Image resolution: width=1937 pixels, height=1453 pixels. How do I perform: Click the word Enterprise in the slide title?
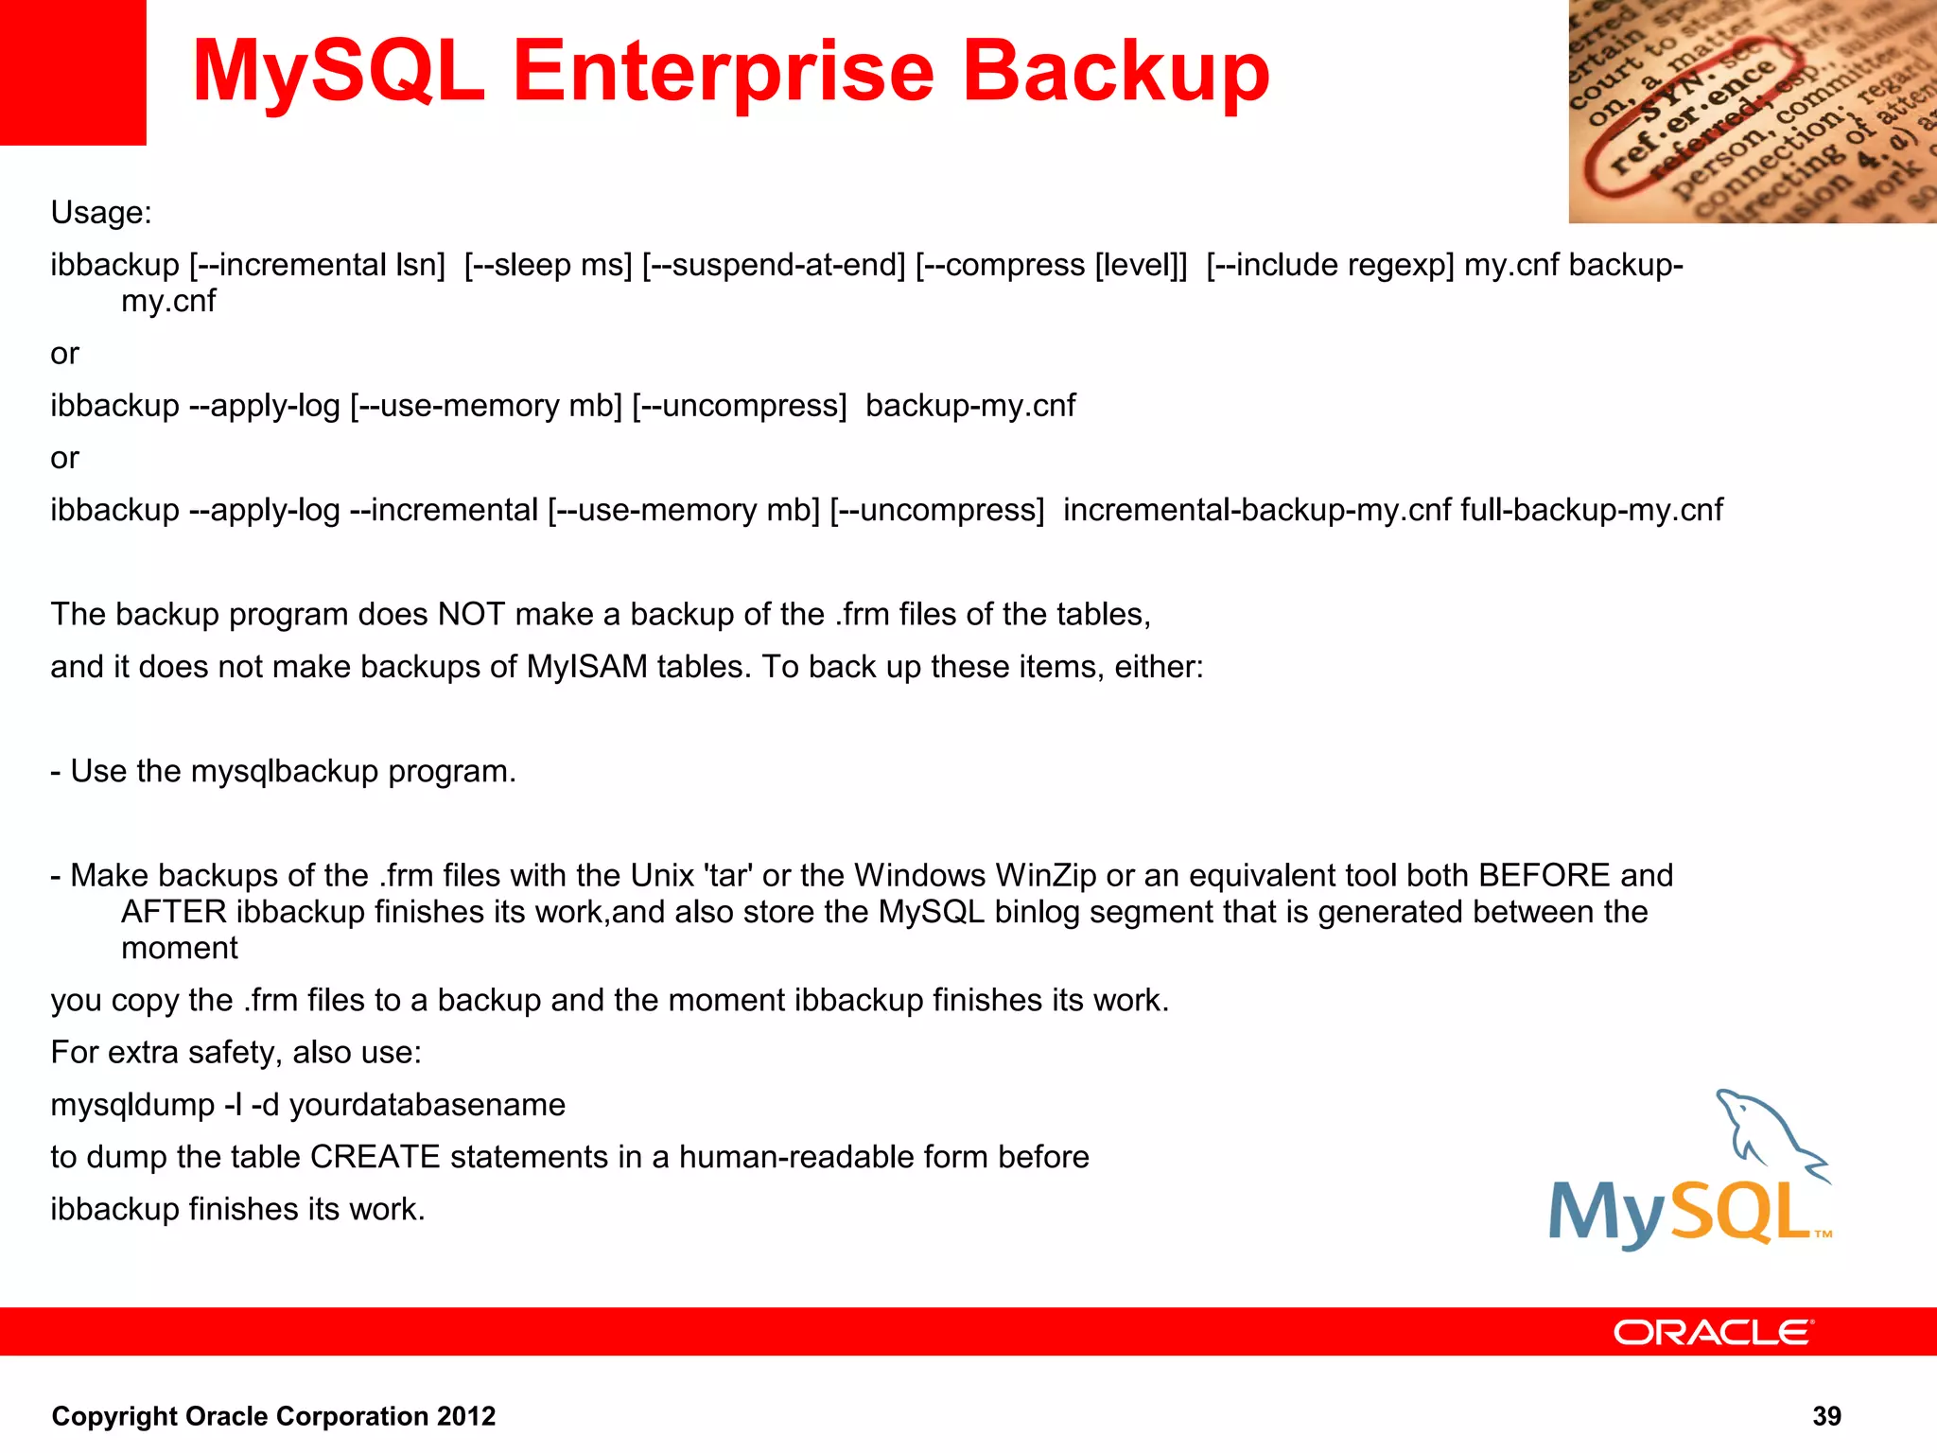(724, 74)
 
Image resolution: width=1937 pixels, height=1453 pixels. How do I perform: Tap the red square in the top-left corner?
(73, 72)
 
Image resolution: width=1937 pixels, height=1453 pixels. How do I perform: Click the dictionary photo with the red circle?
(1752, 112)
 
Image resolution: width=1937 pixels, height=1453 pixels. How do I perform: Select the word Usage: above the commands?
(101, 213)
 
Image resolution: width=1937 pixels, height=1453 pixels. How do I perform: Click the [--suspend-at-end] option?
(774, 265)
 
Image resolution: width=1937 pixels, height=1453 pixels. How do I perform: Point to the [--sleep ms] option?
(548, 265)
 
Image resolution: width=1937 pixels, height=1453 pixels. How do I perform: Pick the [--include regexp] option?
(1330, 265)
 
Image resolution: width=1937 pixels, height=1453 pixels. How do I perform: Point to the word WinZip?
(1046, 875)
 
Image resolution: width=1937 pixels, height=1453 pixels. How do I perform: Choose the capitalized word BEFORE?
(1544, 875)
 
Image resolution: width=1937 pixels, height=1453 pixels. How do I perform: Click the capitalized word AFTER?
(174, 912)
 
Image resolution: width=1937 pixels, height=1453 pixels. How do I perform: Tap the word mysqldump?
(132, 1105)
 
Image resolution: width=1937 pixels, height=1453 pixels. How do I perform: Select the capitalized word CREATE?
(375, 1157)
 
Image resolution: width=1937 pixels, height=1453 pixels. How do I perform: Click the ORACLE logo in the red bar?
(1713, 1333)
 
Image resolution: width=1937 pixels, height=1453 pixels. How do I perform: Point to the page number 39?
(1826, 1416)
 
